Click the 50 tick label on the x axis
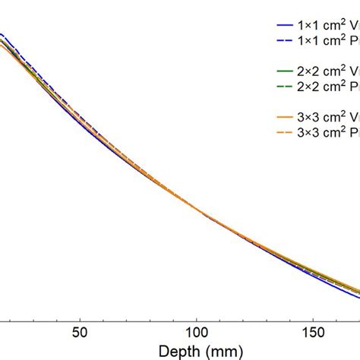[x=79, y=332]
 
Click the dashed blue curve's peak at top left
[x=3, y=35]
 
